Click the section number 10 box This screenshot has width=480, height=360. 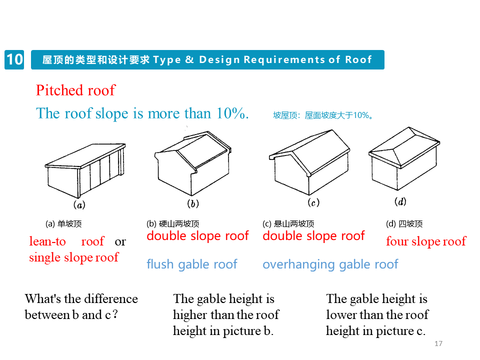coord(14,59)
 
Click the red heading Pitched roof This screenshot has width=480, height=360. coord(75,90)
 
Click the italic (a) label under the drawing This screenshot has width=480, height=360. coord(79,205)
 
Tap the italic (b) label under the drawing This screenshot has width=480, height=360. coord(193,203)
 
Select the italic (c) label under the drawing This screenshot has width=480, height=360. coord(313,202)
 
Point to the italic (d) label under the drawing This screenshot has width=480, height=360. coord(400,201)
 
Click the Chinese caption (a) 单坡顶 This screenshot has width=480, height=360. coord(63,224)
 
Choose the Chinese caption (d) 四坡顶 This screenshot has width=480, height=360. coord(404,224)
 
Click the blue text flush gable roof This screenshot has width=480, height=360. coord(192,264)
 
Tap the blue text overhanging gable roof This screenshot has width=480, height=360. coord(330,264)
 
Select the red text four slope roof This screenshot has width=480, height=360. coord(426,241)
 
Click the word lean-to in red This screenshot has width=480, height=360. coord(47,241)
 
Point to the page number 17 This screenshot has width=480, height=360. coord(439,343)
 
